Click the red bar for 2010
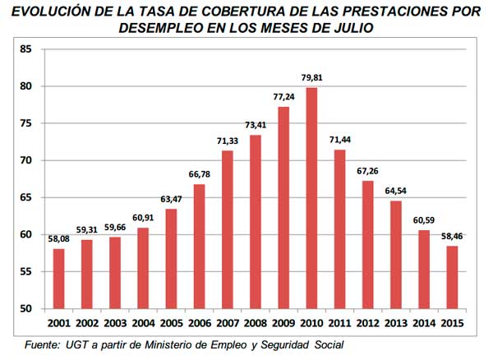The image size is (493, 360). [311, 198]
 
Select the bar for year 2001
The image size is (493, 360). [58, 279]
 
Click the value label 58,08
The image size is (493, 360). [58, 240]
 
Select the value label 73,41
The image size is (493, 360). [256, 127]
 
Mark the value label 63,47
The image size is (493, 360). [171, 201]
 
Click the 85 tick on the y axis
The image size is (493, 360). [26, 49]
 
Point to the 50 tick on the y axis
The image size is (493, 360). [26, 309]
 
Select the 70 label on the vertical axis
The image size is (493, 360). [26, 160]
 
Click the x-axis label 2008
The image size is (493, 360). [256, 323]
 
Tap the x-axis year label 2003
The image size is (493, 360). [115, 323]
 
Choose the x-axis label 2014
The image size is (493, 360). [424, 323]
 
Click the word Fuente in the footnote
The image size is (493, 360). [43, 344]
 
